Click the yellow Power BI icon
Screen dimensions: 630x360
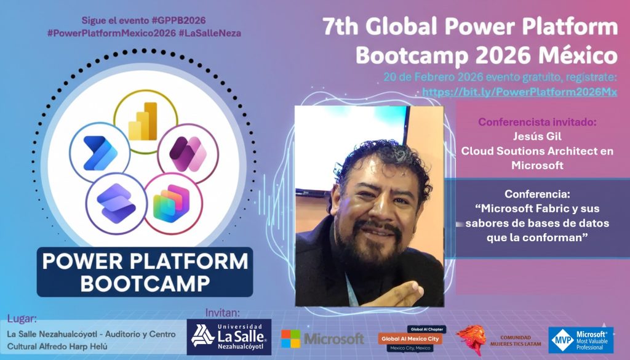pos(143,121)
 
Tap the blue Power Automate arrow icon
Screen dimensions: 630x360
pos(100,153)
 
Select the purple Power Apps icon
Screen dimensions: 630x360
pos(188,154)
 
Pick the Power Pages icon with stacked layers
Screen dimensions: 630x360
pos(116,203)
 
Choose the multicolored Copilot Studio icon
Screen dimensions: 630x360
pos(172,203)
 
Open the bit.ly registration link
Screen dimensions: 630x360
pos(519,92)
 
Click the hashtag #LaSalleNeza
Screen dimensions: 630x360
pos(210,33)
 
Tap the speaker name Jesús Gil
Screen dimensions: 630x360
pos(537,136)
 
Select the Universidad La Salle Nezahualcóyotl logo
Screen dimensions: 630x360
pos(229,337)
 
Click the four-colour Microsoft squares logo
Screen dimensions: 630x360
pos(290,338)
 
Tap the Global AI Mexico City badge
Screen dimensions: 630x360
pos(410,338)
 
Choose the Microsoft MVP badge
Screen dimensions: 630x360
pos(581,340)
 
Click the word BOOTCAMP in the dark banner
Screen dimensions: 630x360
pos(145,283)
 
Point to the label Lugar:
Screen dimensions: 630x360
pos(22,319)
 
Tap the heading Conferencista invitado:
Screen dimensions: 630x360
pos(537,122)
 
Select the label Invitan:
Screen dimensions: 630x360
pos(223,313)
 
